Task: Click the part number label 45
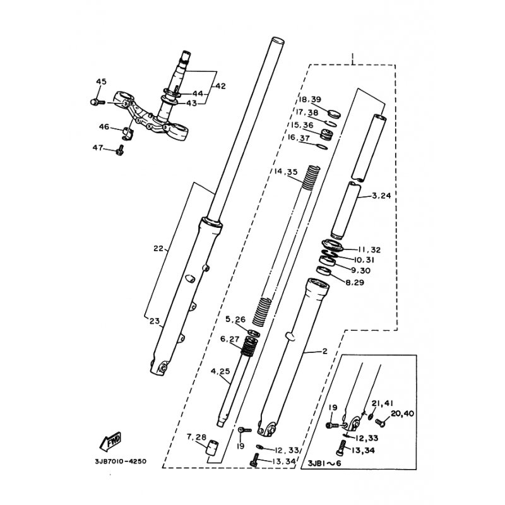point(102,81)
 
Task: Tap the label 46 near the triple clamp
point(104,127)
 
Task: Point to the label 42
point(220,86)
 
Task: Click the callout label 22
point(158,248)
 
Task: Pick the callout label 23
point(154,321)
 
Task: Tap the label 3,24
point(381,196)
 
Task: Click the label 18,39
point(311,100)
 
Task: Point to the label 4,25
point(220,371)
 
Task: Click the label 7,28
point(196,437)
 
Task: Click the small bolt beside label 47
point(119,150)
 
